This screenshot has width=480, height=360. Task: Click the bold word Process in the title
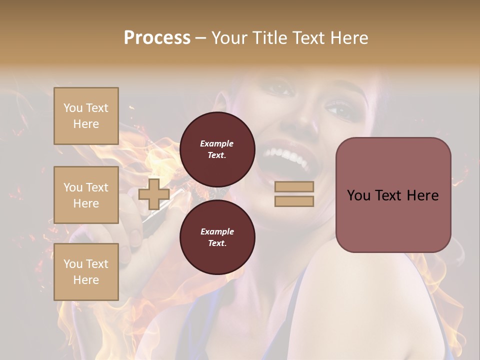coord(157,38)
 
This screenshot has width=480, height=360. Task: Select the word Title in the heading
coord(270,38)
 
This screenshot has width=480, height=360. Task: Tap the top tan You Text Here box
coord(86,116)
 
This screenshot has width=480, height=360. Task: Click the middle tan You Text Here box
coord(86,195)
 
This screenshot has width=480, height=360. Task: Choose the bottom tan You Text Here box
coord(86,272)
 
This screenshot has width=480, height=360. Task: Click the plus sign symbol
coord(154,194)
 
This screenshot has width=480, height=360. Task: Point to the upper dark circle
coord(217,149)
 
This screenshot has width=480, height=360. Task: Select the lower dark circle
coord(217,237)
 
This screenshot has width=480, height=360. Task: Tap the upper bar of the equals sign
coord(294,186)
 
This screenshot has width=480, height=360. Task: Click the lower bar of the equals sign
coord(294,201)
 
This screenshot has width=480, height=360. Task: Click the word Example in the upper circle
coord(217,143)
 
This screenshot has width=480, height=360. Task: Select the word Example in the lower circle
coord(217,231)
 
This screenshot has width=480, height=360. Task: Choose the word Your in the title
coord(229,38)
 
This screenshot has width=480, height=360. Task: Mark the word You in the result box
coord(358,195)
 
